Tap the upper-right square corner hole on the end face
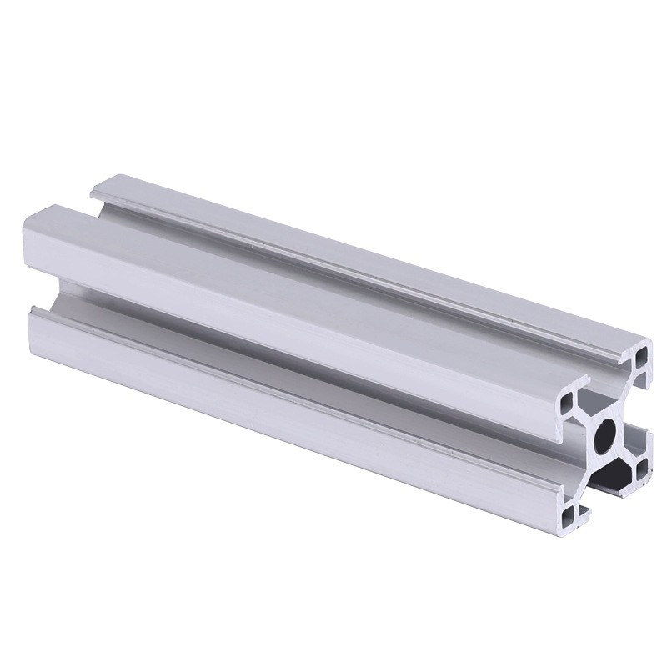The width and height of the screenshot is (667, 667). click(x=640, y=357)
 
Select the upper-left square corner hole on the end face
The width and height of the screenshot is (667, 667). click(x=566, y=404)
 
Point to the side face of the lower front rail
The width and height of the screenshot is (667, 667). click(x=292, y=400)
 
